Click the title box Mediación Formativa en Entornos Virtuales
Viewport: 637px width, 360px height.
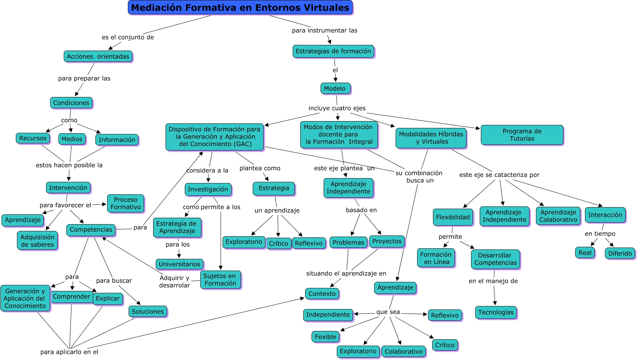click(240, 8)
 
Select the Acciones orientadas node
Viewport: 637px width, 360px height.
click(98, 57)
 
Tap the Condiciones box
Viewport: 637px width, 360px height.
click(71, 103)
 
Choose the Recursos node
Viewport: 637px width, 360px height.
click(33, 138)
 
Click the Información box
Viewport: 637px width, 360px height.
click(117, 140)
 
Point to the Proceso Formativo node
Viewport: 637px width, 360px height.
click(126, 203)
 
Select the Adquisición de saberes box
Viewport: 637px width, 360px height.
click(37, 241)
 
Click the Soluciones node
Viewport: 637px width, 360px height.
click(148, 311)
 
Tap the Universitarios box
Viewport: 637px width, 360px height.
click(180, 264)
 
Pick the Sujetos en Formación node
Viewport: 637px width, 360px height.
click(220, 280)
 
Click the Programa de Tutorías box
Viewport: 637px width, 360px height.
click(522, 135)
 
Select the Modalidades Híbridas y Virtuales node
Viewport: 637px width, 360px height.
click(431, 138)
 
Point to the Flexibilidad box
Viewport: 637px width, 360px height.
click(453, 217)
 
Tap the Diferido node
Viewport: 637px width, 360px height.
click(620, 253)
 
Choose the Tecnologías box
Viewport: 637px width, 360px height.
click(496, 312)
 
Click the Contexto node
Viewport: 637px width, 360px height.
click(322, 294)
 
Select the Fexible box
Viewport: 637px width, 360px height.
click(325, 337)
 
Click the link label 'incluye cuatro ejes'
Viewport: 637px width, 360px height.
click(337, 108)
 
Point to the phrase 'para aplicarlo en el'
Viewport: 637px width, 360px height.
click(69, 352)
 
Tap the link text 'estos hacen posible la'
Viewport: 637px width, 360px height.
click(69, 165)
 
